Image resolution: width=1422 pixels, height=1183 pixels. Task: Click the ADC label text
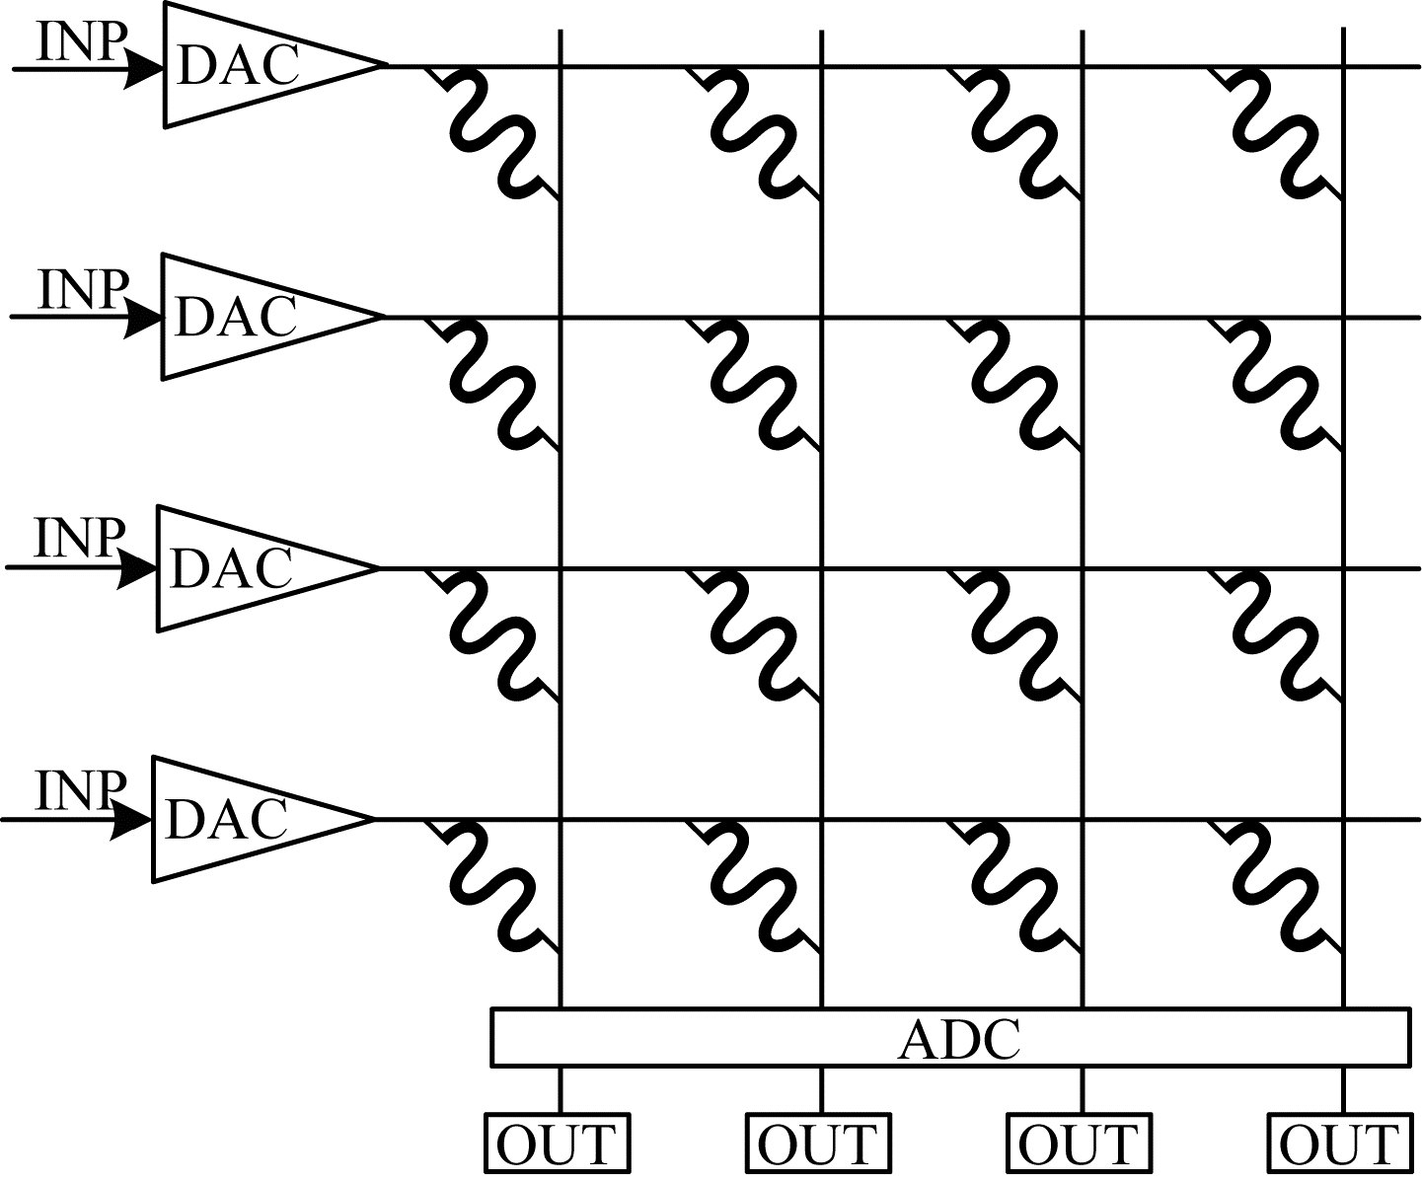pyautogui.click(x=958, y=1038)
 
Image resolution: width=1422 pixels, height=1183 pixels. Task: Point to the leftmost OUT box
pyautogui.click(x=558, y=1144)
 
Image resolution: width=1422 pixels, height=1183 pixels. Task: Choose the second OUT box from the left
pyautogui.click(x=818, y=1144)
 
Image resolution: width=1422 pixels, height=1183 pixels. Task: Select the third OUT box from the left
pyautogui.click(x=1079, y=1144)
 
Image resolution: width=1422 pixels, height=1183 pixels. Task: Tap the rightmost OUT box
pyautogui.click(x=1340, y=1144)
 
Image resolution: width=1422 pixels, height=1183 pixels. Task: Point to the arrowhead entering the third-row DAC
pyautogui.click(x=137, y=570)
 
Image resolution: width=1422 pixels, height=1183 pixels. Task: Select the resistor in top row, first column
pyautogui.click(x=493, y=132)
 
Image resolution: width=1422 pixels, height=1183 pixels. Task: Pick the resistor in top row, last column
pyautogui.click(x=1277, y=132)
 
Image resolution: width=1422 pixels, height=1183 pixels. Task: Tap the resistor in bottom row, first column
pyautogui.click(x=493, y=886)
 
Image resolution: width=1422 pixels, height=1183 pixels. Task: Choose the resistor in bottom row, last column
pyautogui.click(x=1277, y=886)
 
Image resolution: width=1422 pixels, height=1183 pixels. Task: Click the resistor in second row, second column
pyautogui.click(x=754, y=384)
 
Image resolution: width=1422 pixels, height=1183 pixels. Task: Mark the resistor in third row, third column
pyautogui.click(x=1015, y=635)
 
